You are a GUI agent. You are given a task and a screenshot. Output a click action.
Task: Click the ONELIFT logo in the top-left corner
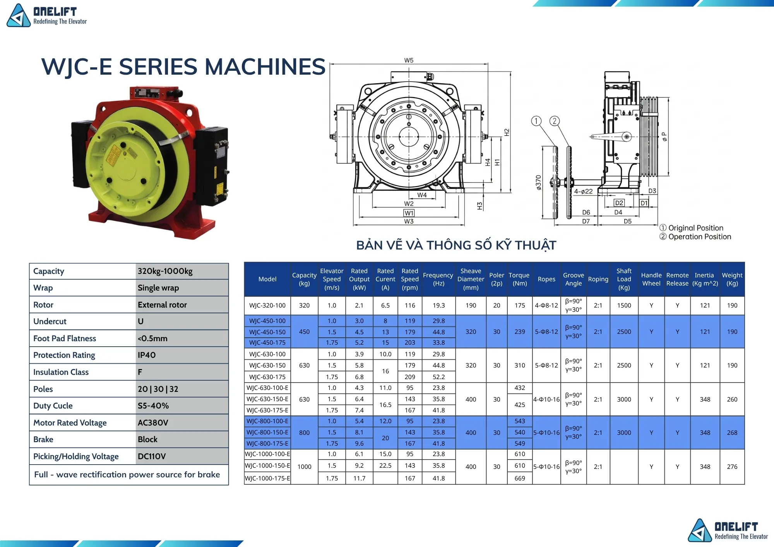coord(47,15)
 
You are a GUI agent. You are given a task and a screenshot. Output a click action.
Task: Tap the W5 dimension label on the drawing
coord(409,60)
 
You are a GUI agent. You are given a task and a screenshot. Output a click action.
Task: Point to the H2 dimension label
coord(507,132)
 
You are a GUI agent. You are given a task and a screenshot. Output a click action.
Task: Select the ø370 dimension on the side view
coord(538,183)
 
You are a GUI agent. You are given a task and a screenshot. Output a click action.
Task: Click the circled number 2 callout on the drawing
coord(555,121)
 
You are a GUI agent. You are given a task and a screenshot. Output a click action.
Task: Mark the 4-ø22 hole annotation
coord(583,191)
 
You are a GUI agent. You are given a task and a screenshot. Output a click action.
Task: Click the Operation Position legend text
coord(695,237)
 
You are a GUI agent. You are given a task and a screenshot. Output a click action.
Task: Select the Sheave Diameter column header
coord(471,279)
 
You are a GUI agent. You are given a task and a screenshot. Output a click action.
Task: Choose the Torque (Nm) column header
coord(519,279)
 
